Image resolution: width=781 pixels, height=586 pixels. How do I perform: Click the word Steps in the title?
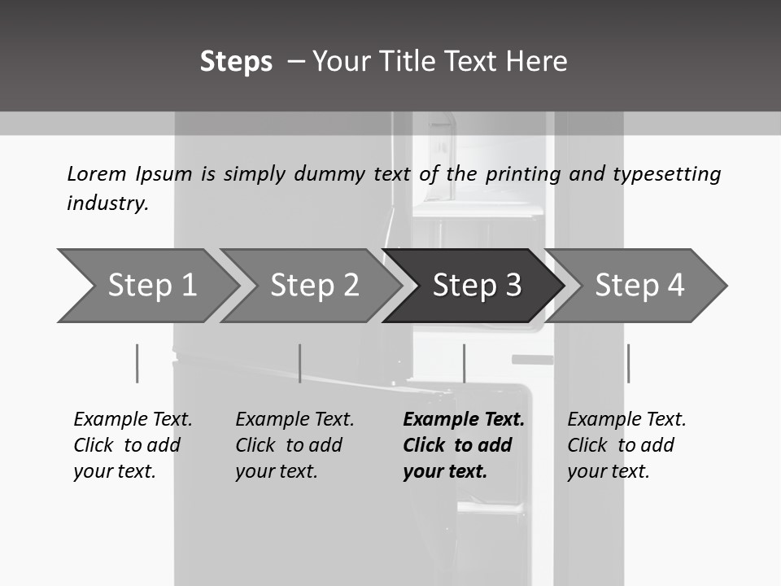236,62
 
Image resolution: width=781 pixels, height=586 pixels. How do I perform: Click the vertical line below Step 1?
137,363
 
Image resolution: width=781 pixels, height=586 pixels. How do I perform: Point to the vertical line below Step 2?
299,363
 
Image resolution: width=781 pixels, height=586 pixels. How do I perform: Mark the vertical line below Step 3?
464,363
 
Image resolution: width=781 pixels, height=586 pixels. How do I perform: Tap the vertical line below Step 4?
628,363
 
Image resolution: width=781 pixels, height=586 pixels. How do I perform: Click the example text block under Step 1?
133,445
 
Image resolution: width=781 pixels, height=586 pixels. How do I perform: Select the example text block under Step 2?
295,445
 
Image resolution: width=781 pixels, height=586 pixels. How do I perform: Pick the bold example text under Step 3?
463,445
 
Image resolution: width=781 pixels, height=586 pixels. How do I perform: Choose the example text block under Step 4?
626,445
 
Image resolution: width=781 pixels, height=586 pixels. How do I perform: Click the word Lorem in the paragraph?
96,173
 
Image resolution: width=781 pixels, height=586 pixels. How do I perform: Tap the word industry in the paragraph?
107,203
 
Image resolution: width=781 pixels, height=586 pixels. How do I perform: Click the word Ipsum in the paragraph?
164,173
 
